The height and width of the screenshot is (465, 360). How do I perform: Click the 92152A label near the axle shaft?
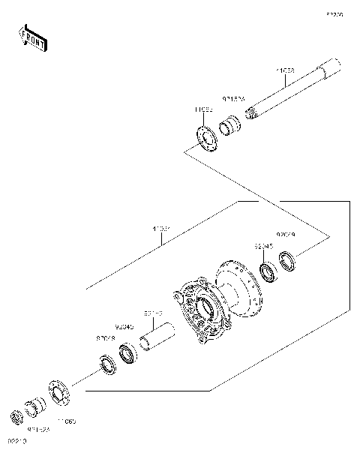click(x=232, y=97)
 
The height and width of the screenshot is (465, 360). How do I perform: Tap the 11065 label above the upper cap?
click(x=203, y=109)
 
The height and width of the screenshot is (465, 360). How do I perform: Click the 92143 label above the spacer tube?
click(x=153, y=314)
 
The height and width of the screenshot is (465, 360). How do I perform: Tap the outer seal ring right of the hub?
click(x=288, y=261)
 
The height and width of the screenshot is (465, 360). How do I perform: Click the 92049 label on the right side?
click(x=286, y=235)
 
